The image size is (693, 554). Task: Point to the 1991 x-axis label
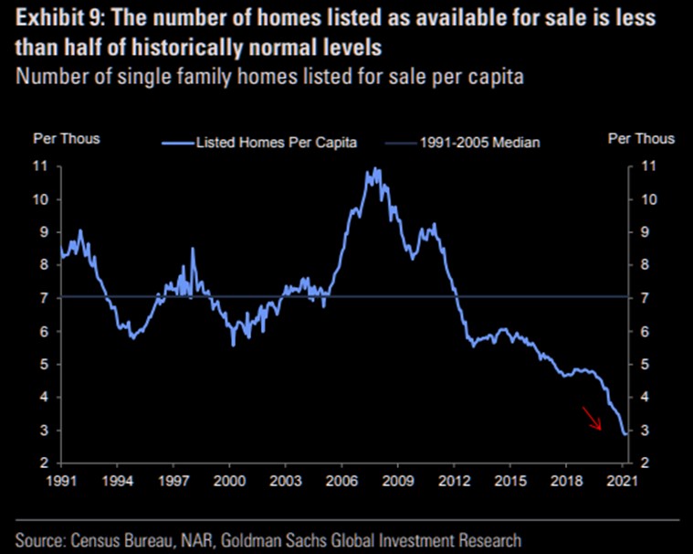[x=60, y=480]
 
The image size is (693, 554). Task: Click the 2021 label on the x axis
[x=623, y=480]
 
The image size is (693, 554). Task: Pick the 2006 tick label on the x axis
[x=341, y=480]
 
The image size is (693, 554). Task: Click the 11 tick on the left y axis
[x=40, y=166]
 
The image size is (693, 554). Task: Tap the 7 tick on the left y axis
[x=43, y=298]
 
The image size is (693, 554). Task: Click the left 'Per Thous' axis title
[x=67, y=139]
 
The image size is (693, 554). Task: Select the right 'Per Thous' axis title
[x=641, y=139]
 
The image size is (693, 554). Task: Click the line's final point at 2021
[x=625, y=434]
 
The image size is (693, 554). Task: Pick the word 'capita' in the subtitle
[x=497, y=77]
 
